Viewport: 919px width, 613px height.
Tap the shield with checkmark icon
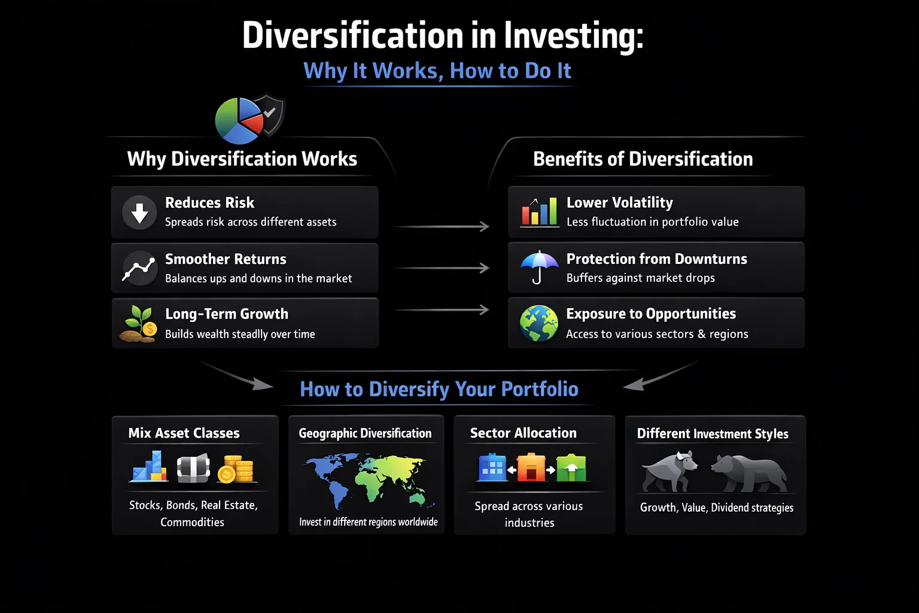270,113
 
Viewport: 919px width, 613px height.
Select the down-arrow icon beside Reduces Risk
139,212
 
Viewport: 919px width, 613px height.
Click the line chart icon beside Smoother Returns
139,268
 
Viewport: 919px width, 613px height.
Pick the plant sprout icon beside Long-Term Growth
139,324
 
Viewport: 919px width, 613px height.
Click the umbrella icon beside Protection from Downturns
538,267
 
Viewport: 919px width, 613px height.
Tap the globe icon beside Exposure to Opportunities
538,323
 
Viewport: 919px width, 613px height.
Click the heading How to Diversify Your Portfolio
439,389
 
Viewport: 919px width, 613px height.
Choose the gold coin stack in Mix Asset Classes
236,469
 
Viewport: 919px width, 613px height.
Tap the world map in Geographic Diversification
366,479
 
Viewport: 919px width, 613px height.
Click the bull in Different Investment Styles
670,471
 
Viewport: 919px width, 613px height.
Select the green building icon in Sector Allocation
571,469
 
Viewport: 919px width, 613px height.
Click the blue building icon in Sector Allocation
492,468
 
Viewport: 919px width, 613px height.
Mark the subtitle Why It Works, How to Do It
437,71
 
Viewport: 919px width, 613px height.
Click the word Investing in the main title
573,35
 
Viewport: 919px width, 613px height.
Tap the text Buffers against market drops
640,278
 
